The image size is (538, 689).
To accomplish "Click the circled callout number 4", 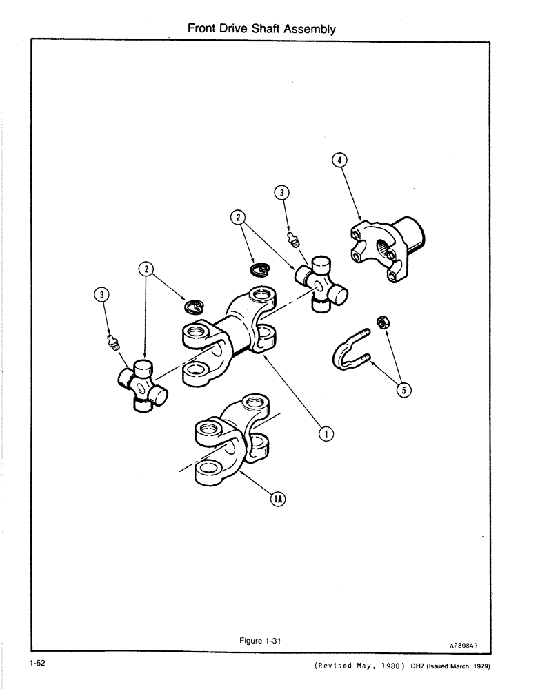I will (339, 161).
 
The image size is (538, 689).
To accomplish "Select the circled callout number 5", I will (405, 390).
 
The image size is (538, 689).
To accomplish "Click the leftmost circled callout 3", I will (102, 296).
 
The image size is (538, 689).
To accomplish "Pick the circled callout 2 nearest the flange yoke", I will (239, 218).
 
